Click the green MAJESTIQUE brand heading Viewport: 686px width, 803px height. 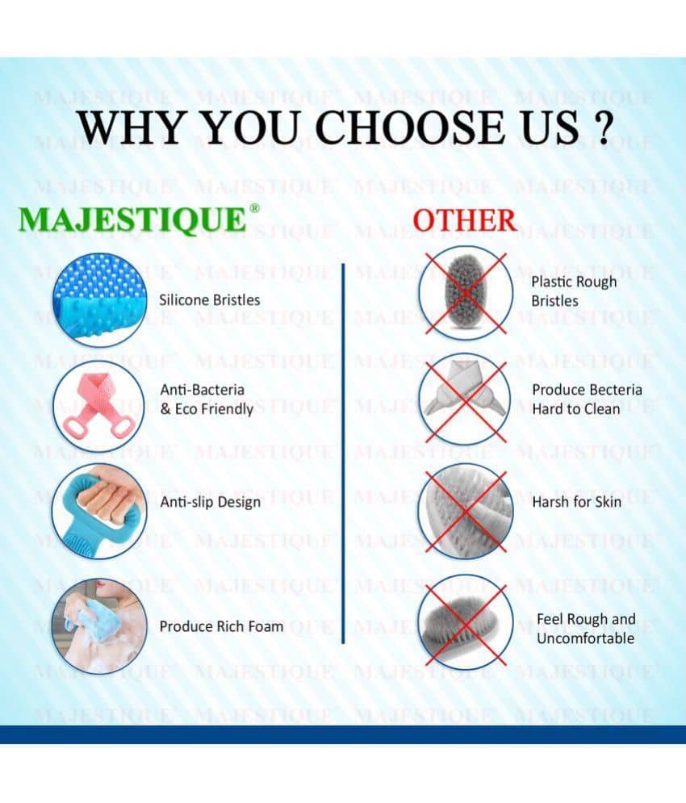pyautogui.click(x=132, y=220)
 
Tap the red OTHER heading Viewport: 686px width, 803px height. pyautogui.click(x=465, y=220)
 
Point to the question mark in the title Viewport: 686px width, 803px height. pyautogui.click(x=604, y=128)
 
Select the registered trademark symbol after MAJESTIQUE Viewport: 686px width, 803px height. pyautogui.click(x=254, y=208)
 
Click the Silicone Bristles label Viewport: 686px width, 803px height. pyautogui.click(x=210, y=299)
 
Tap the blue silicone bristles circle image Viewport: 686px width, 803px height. pyautogui.click(x=100, y=300)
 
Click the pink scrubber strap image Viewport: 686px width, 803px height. pyautogui.click(x=99, y=407)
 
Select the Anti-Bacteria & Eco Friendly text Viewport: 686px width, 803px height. pyautogui.click(x=207, y=399)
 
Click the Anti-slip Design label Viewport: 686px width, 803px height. pyautogui.click(x=211, y=502)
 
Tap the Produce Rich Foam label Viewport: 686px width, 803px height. pyautogui.click(x=221, y=626)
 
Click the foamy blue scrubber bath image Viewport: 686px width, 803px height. pyautogui.click(x=99, y=626)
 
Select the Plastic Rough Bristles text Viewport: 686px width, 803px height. pyautogui.click(x=574, y=291)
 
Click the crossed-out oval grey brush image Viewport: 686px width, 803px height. pyautogui.click(x=465, y=293)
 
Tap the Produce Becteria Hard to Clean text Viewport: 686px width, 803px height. pyautogui.click(x=587, y=399)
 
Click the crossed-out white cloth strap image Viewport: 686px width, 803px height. pyautogui.click(x=465, y=399)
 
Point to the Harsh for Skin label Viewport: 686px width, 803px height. pyautogui.click(x=577, y=502)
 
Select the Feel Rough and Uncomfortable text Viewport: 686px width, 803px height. pyautogui.click(x=586, y=629)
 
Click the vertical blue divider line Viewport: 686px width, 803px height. pyautogui.click(x=343, y=454)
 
